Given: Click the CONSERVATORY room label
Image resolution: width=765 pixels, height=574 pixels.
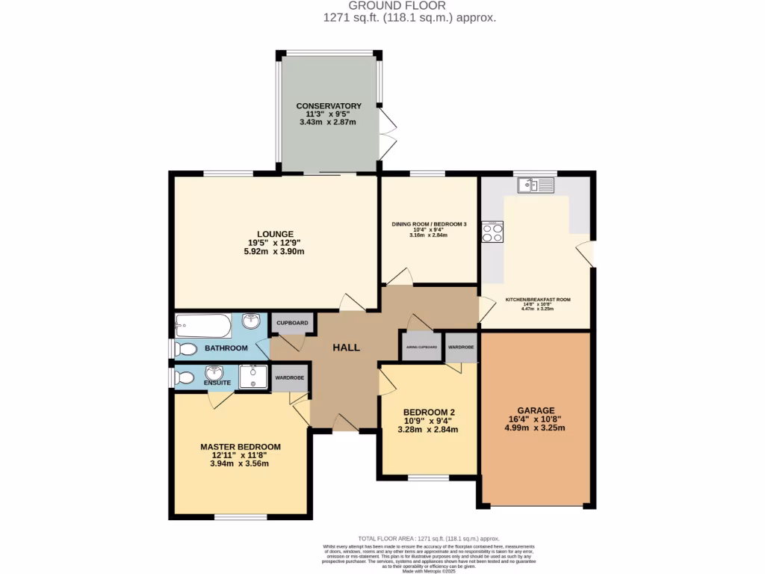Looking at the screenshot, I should coord(329,106).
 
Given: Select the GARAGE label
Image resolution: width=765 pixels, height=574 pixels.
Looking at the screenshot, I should coord(536,410).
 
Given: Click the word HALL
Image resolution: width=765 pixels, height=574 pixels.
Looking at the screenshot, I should coord(346,348).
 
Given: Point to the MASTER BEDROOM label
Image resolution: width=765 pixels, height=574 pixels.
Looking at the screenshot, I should coord(240,447).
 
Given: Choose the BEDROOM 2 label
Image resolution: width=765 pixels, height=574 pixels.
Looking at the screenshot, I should coord(429,412).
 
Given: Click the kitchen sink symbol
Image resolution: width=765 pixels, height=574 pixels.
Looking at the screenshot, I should coord(536,185).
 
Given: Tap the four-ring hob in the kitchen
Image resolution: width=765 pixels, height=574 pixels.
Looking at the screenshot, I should coord(492,232).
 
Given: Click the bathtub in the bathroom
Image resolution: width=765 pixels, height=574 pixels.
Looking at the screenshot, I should coord(203,325).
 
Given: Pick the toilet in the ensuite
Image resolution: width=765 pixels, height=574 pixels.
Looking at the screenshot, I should coord(185,377).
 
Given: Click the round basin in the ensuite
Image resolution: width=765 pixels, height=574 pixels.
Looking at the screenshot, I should coord(215,372).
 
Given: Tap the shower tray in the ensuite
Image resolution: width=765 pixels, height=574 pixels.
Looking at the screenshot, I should coord(253,377).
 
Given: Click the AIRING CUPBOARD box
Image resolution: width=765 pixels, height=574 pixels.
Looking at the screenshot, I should coord(422,347).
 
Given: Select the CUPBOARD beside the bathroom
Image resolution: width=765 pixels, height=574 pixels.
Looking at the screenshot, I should coord(292,323).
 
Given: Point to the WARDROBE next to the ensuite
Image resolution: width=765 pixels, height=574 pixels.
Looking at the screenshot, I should coord(289,378).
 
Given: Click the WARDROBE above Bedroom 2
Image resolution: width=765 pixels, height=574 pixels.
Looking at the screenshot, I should coord(461,347).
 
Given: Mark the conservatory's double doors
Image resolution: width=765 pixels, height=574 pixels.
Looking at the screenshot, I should coord(387,134).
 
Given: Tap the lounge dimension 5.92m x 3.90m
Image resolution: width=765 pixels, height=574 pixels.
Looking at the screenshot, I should coord(273,252).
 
